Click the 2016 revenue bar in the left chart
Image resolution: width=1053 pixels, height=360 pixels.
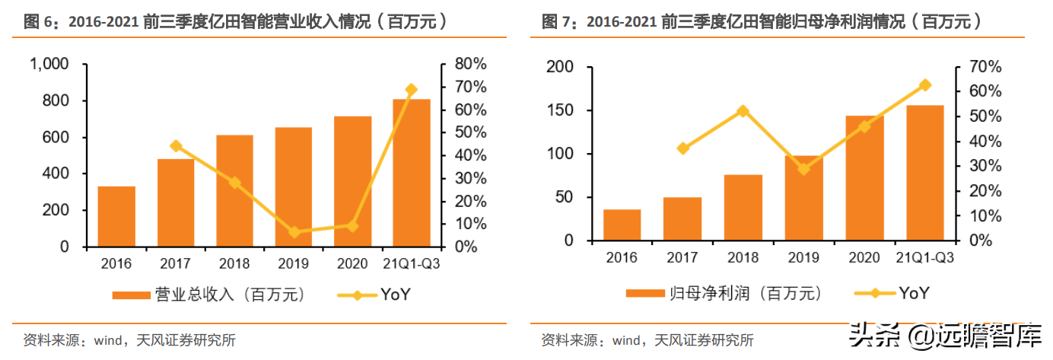(116, 217)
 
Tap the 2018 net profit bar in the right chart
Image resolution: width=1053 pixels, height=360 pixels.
(743, 208)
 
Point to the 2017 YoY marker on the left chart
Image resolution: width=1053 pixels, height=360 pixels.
(176, 146)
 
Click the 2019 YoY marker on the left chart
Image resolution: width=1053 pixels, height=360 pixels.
(294, 232)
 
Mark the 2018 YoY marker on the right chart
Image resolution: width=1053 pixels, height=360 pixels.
(743, 111)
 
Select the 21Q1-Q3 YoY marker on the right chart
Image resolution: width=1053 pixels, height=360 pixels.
(925, 85)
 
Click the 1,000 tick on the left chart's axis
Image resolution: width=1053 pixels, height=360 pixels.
(49, 65)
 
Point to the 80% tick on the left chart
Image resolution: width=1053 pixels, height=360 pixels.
(470, 65)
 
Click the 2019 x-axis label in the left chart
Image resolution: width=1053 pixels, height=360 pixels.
(294, 263)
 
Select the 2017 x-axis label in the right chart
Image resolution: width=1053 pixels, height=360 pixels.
(682, 257)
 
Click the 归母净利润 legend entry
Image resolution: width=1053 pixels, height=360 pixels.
(718, 293)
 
